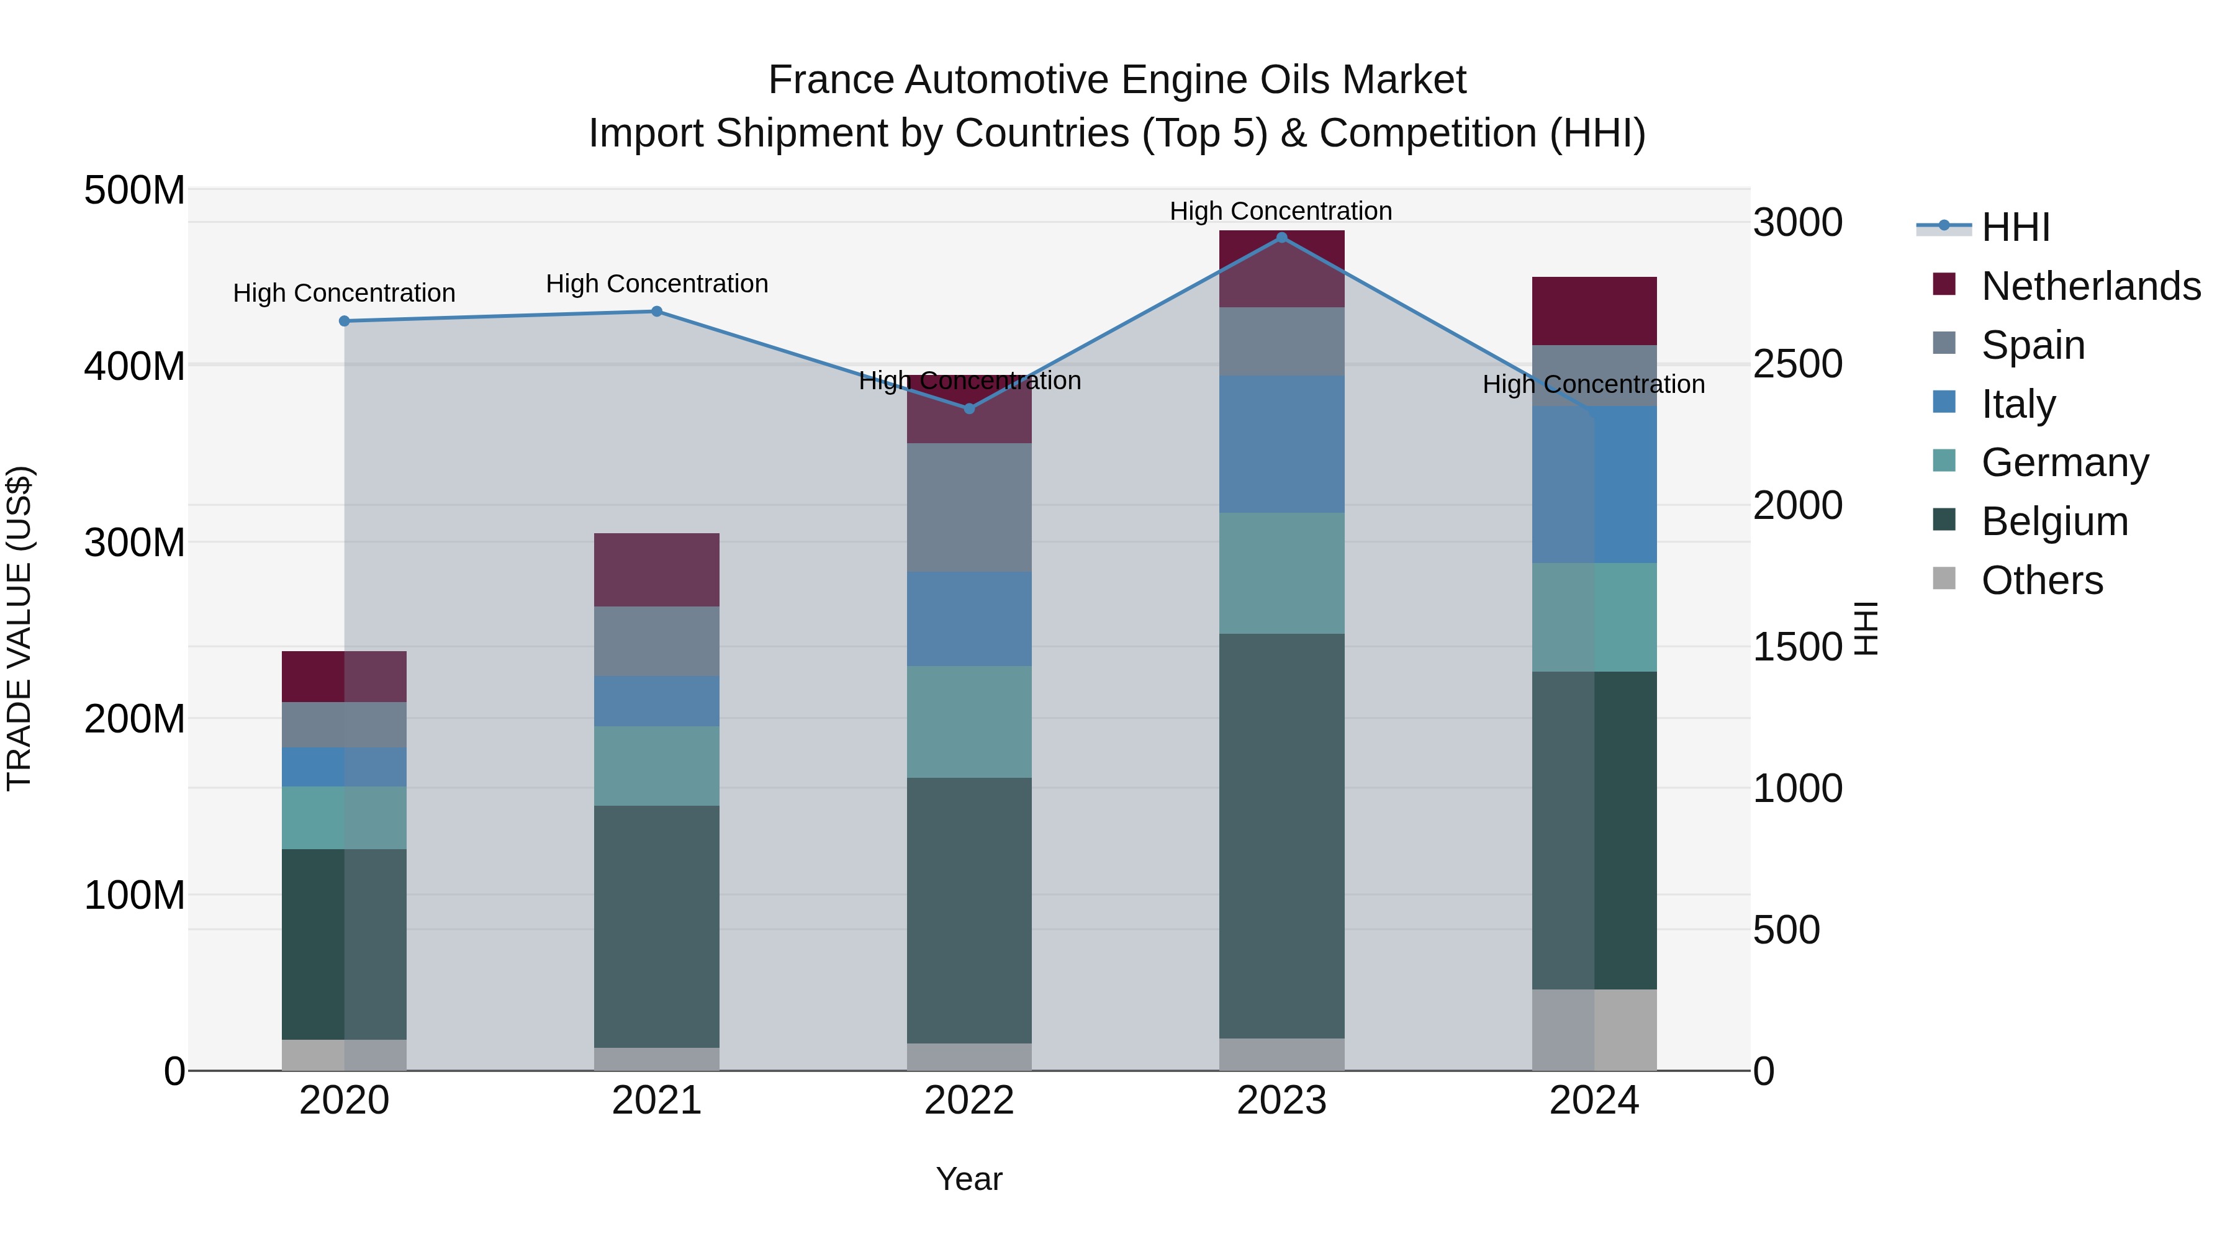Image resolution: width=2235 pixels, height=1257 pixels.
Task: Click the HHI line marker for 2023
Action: coord(1281,238)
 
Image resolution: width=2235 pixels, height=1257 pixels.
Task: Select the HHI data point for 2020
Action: coord(345,321)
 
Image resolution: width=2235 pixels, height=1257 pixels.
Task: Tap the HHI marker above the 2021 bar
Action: coord(657,312)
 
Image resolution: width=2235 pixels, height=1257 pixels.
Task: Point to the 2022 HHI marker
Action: coord(969,408)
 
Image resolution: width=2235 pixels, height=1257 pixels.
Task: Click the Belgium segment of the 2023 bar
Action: coord(1281,836)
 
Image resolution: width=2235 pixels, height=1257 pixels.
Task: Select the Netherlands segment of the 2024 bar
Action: coord(1594,310)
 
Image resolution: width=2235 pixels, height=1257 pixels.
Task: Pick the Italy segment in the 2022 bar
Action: coord(969,618)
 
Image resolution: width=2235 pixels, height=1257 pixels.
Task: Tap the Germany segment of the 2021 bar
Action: coord(657,766)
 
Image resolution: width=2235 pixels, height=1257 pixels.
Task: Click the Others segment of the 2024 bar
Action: coord(1594,1030)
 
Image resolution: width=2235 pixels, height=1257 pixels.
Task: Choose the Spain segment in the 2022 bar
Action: coord(969,508)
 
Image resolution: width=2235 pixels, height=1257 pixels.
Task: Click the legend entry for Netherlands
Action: coord(2091,286)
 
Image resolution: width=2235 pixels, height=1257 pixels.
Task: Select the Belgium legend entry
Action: coord(2054,521)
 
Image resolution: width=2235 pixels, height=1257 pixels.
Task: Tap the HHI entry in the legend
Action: coord(2015,227)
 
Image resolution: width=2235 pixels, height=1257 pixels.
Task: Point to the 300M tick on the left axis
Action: coord(135,543)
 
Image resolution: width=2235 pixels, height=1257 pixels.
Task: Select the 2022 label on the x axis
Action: coord(969,1101)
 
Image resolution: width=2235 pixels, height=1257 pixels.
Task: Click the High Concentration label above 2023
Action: coord(1281,211)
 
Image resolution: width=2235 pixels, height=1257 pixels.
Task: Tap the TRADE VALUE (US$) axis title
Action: coord(19,628)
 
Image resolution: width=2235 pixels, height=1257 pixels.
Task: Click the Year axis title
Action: coord(969,1179)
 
